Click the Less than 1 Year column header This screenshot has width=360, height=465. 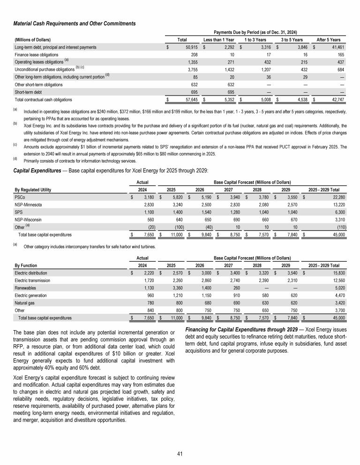coord(218,40)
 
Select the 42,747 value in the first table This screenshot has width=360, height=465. coord(335,100)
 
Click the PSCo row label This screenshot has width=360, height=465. coord(20,197)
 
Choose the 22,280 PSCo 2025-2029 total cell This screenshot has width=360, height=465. coord(336,197)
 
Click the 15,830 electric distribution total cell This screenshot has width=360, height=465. coord(336,272)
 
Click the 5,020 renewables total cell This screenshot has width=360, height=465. coord(337,287)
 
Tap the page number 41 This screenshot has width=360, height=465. coord(180,453)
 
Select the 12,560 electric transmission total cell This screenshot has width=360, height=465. coord(336,280)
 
